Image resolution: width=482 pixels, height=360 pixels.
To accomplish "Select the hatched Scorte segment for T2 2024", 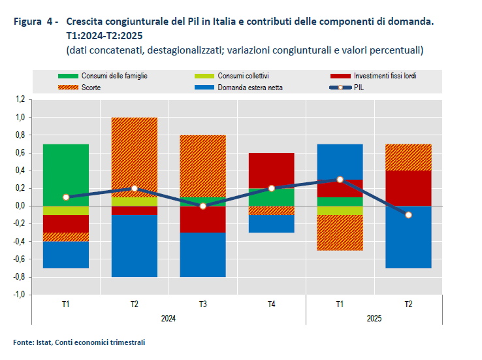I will (134, 157).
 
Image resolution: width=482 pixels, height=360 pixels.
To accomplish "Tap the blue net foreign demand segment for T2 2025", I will (408, 237).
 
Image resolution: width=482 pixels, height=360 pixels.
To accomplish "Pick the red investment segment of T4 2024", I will (271, 170).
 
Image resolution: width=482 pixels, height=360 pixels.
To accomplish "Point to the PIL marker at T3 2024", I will (202, 206).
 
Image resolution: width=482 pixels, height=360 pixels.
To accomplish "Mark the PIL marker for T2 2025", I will (408, 214).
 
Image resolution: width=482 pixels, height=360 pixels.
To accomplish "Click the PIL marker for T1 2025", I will (340, 179).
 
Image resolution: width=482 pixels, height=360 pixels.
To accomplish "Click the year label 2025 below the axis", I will (374, 318).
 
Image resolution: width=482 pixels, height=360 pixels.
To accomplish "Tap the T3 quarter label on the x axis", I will (202, 304).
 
